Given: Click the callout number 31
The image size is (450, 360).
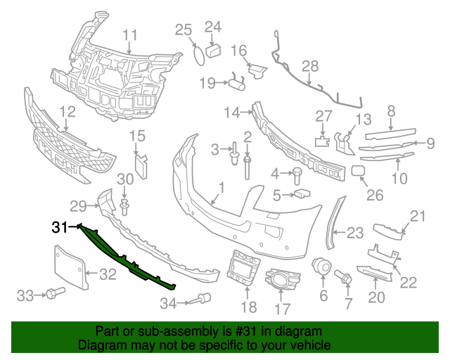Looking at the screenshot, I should tap(60, 227).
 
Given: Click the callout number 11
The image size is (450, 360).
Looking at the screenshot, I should tap(130, 35).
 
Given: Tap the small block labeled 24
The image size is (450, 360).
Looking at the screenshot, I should tap(214, 49).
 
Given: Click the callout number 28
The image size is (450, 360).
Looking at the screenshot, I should tap(310, 67).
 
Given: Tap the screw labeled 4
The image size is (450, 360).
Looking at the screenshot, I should tap(297, 172).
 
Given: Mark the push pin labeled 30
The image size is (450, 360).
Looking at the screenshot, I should tap(125, 206).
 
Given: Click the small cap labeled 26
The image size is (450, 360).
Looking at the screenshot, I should tap(357, 170).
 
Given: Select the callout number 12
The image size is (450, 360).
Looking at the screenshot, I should tap(67, 111).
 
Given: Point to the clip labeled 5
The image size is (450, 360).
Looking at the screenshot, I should tap(302, 193).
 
